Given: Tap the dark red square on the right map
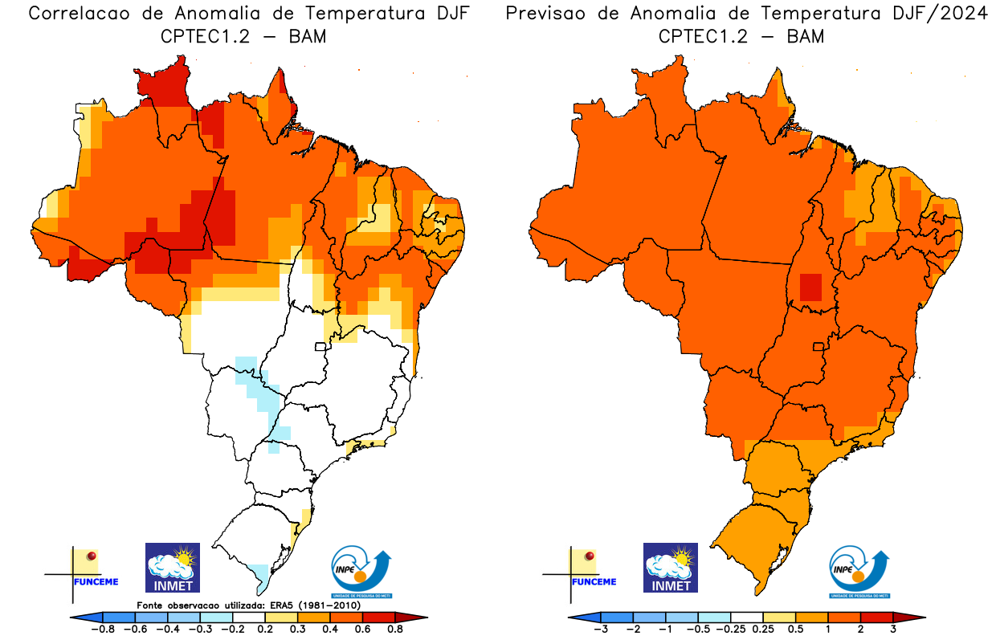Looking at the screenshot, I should [x=810, y=287].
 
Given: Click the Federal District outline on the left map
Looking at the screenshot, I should [x=320, y=346].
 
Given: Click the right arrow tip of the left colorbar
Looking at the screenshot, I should [x=424, y=617].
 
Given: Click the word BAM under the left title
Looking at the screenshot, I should [x=306, y=36].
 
